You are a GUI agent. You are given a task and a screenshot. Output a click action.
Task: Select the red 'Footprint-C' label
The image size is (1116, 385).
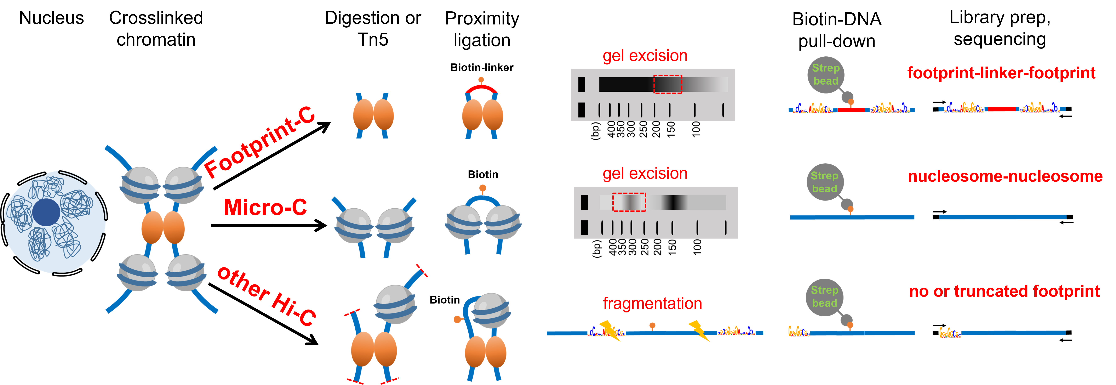tap(259, 143)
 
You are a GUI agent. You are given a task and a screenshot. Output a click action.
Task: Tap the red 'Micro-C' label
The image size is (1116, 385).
tap(265, 207)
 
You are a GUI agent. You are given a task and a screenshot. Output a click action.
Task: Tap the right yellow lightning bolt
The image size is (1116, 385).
tap(698, 330)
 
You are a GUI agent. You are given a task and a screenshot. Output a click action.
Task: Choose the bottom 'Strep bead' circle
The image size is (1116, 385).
tap(824, 296)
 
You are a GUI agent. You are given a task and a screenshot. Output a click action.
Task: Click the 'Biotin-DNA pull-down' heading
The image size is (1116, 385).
tap(837, 30)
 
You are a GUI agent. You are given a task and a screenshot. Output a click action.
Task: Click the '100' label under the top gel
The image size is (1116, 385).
tap(696, 129)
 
